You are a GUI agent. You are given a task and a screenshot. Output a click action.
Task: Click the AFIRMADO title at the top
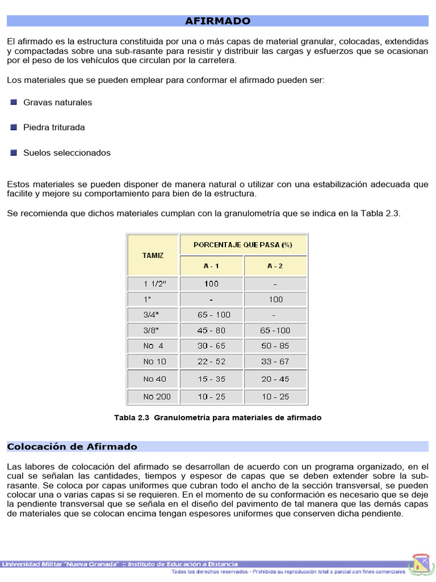pyautogui.click(x=217, y=21)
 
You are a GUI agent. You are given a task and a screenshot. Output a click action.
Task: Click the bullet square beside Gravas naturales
pyautogui.click(x=14, y=102)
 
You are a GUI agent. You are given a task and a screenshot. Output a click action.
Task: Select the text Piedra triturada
pyautogui.click(x=54, y=127)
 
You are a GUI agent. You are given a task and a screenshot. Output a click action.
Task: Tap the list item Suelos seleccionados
pyautogui.click(x=66, y=153)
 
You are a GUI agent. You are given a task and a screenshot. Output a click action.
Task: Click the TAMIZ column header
pyautogui.click(x=153, y=255)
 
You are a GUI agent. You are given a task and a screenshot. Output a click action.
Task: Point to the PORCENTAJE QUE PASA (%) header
pyautogui.click(x=243, y=245)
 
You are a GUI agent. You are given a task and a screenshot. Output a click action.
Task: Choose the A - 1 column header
pyautogui.click(x=211, y=266)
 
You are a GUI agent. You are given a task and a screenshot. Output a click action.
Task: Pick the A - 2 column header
pyautogui.click(x=275, y=266)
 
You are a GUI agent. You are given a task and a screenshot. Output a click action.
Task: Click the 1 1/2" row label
pyautogui.click(x=153, y=284)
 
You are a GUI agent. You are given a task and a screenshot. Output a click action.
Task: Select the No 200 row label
pyautogui.click(x=156, y=396)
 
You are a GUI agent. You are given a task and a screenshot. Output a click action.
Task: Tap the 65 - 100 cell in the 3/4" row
pyautogui.click(x=211, y=314)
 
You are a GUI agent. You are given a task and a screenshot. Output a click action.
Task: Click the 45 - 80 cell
pyautogui.click(x=211, y=330)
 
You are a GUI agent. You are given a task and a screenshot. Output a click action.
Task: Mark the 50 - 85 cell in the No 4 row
pyautogui.click(x=275, y=346)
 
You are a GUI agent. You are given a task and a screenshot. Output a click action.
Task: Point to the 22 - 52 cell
pyautogui.click(x=211, y=361)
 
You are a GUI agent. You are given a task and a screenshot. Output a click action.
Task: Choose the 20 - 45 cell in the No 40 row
pyautogui.click(x=275, y=379)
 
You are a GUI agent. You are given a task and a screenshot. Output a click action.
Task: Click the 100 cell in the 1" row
pyautogui.click(x=275, y=299)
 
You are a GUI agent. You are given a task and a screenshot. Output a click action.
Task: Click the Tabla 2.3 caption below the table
pyautogui.click(x=217, y=418)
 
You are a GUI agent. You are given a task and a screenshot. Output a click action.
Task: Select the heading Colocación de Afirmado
pyautogui.click(x=72, y=447)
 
